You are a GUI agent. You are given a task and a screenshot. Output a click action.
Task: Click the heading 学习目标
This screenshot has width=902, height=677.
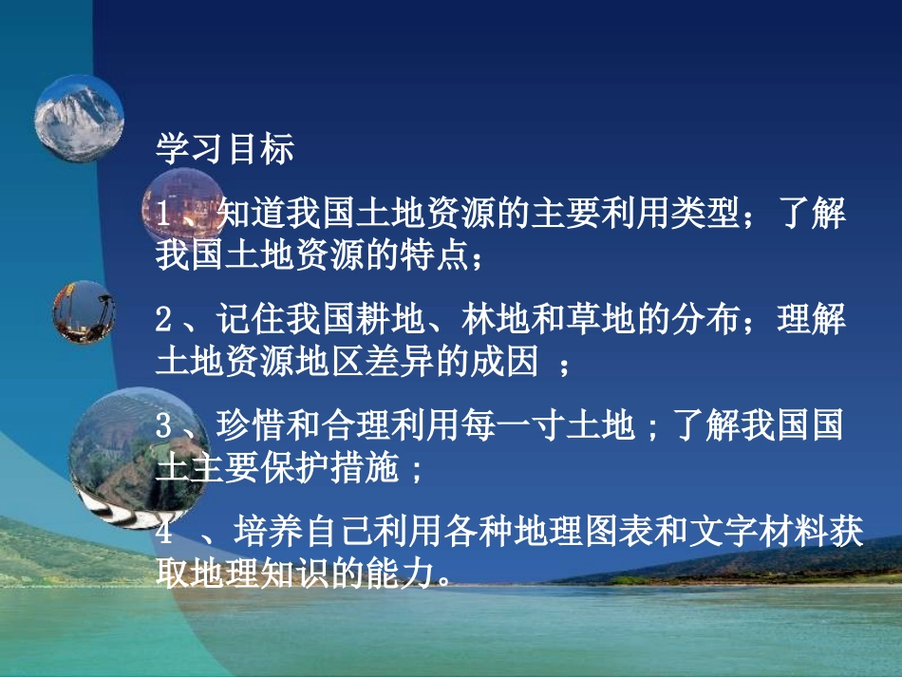[x=225, y=150]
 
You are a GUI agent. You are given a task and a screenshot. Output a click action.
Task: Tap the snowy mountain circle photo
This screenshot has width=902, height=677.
[x=80, y=119]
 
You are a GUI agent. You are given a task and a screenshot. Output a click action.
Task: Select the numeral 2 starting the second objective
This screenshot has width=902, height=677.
[x=163, y=321]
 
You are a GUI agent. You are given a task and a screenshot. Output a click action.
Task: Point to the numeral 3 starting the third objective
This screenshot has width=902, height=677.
[x=163, y=427]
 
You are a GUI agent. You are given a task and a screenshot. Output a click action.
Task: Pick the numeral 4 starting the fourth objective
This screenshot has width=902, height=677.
[x=163, y=534]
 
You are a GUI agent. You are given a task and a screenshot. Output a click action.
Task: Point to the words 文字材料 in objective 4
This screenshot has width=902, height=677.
[x=750, y=534]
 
